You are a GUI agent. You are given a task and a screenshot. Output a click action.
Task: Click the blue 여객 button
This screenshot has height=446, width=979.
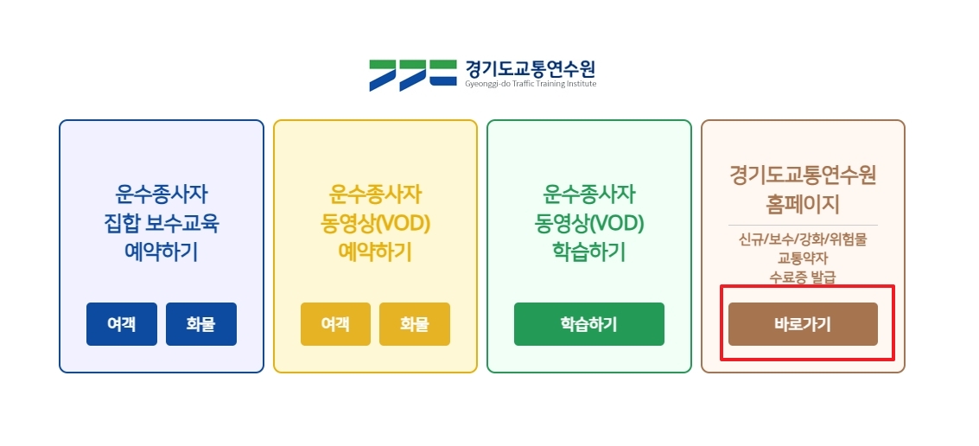pyautogui.click(x=122, y=324)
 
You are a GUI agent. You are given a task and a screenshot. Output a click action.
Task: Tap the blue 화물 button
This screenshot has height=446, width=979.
pyautogui.click(x=200, y=324)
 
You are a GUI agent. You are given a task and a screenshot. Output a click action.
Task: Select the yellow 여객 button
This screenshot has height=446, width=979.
pyautogui.click(x=335, y=324)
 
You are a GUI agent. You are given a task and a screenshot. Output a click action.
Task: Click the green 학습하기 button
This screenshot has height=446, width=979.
pyautogui.click(x=588, y=324)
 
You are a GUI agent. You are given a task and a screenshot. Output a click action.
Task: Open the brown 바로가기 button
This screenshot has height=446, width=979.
pyautogui.click(x=803, y=324)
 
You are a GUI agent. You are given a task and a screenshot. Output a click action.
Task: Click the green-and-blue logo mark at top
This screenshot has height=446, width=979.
pyautogui.click(x=412, y=75)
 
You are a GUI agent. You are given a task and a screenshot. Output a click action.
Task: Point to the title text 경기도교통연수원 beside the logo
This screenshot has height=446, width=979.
pyautogui.click(x=530, y=68)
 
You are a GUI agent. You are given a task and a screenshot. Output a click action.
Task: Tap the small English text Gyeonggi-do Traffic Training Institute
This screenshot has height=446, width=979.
pyautogui.click(x=530, y=84)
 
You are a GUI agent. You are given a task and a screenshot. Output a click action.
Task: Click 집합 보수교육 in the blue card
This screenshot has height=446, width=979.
pyautogui.click(x=161, y=224)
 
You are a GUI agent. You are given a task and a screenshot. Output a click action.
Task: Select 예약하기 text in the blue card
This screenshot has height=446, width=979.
pyautogui.click(x=161, y=252)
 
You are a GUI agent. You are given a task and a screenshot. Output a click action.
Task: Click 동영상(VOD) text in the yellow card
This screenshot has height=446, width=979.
pyautogui.click(x=375, y=224)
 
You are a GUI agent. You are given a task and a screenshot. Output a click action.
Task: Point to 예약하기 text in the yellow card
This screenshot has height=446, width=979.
pyautogui.click(x=375, y=252)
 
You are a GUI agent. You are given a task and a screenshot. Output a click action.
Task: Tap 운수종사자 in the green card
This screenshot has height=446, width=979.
pyautogui.click(x=588, y=193)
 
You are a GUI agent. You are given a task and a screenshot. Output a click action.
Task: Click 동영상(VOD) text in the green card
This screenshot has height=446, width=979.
pyautogui.click(x=588, y=224)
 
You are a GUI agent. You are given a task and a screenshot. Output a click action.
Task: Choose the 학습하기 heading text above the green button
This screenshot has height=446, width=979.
pyautogui.click(x=588, y=252)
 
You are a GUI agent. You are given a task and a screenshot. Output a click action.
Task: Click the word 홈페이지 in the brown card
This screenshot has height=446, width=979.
pyautogui.click(x=803, y=205)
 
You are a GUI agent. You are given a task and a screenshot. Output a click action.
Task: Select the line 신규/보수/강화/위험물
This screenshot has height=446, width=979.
pyautogui.click(x=803, y=239)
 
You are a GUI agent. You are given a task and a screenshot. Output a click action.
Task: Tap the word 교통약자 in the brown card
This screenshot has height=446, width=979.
pyautogui.click(x=803, y=258)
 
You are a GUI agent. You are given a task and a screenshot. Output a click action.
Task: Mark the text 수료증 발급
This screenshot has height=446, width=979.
pyautogui.click(x=803, y=277)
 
